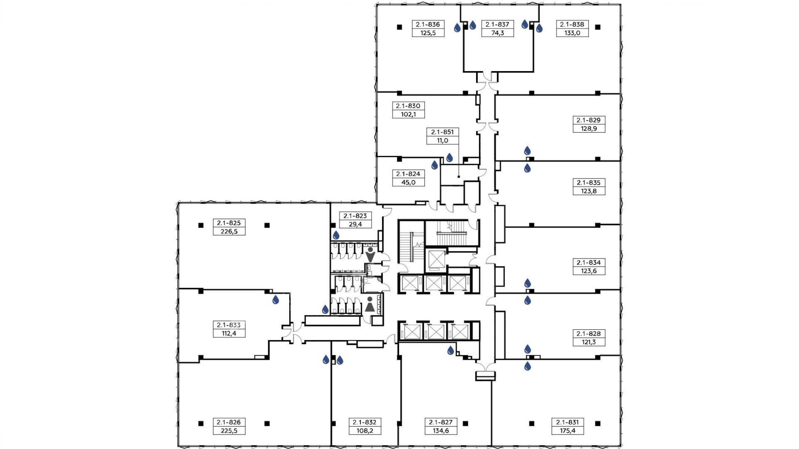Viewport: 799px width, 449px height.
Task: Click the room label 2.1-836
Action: (428, 24)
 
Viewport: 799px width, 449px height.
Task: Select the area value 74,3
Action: (497, 33)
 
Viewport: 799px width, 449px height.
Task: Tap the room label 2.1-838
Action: (572, 24)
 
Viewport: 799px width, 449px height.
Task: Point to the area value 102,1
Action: (408, 114)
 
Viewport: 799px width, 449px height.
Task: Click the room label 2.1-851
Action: (442, 132)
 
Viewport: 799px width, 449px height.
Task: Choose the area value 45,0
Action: (408, 182)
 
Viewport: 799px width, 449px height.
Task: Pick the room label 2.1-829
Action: (588, 120)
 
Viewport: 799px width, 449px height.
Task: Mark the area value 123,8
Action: (588, 191)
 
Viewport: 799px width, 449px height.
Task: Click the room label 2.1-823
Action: (355, 216)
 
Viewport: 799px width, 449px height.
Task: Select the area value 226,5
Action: (229, 231)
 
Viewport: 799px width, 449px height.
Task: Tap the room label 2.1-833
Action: (229, 325)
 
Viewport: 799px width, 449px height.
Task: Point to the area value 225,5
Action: (229, 430)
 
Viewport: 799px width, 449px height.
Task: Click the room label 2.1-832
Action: (364, 422)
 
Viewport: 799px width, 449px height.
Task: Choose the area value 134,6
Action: (441, 430)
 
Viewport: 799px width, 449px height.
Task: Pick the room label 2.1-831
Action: (567, 422)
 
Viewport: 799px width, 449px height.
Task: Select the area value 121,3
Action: (588, 342)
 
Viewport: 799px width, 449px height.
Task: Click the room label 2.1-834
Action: (588, 262)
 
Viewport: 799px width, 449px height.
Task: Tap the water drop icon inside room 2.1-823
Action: (336, 235)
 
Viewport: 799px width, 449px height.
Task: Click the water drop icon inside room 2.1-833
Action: (276, 299)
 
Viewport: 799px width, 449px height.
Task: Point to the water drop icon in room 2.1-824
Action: (435, 165)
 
